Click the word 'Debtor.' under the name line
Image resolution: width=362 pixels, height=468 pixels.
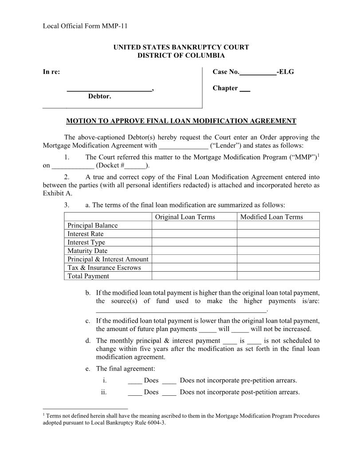coord(99,96)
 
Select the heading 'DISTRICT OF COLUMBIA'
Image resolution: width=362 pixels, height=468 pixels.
coord(181,55)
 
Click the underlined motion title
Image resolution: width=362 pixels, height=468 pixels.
coord(181,121)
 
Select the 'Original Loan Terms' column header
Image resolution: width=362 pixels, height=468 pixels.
coord(185,217)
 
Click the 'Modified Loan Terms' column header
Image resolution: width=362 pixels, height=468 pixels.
coord(271,217)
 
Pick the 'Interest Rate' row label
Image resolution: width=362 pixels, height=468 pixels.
coord(86,234)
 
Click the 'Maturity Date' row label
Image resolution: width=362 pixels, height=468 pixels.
coord(87,250)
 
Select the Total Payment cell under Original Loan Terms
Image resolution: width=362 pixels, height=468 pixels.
coord(194,276)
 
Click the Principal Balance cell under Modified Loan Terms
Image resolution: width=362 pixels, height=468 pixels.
coord(278,225)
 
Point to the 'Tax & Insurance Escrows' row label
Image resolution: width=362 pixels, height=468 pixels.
coord(104,267)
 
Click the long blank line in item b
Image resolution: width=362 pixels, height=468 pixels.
coord(181,311)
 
